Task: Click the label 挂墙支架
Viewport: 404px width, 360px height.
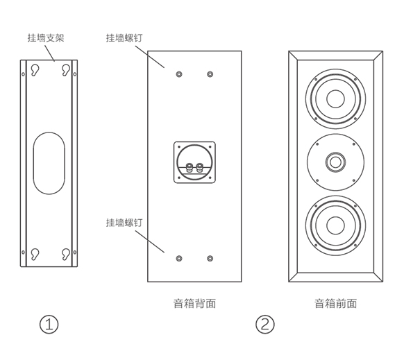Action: (x=46, y=38)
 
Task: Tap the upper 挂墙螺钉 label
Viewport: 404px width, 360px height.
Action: (x=124, y=38)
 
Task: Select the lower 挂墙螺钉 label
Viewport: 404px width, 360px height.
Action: (x=124, y=223)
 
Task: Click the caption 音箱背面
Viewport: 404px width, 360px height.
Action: (x=194, y=303)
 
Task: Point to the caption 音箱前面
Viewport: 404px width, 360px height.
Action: (x=335, y=303)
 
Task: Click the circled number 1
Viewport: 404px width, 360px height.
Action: (x=49, y=325)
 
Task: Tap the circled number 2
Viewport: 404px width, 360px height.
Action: (x=265, y=325)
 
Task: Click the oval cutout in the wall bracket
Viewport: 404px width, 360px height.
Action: (x=49, y=163)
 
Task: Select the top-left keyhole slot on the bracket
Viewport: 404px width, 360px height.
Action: (x=35, y=70)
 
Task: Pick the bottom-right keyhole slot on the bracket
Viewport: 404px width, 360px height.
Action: (x=66, y=254)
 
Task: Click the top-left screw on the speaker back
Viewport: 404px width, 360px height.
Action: (x=179, y=74)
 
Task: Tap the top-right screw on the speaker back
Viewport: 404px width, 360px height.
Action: (x=210, y=74)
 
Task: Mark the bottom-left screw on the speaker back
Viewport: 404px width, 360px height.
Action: (x=179, y=258)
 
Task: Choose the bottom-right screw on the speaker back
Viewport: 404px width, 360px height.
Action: (x=210, y=258)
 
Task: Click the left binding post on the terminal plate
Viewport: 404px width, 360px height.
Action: (x=189, y=168)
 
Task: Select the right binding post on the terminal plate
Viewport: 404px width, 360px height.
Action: (x=199, y=168)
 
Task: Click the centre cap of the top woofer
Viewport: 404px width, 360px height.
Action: (x=335, y=99)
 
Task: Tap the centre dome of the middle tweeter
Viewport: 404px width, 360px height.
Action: (x=335, y=162)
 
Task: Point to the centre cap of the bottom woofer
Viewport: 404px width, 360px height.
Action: (x=335, y=225)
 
